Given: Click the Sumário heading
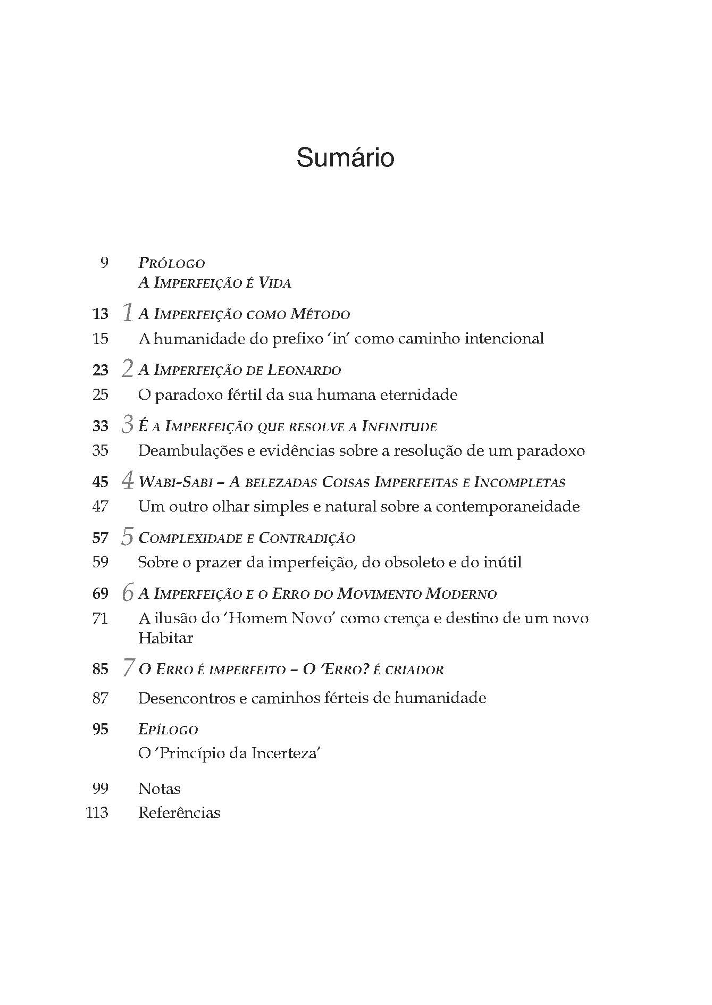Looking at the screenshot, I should click(x=345, y=158).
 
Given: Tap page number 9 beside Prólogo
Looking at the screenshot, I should click(x=104, y=262).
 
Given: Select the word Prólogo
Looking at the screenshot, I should click(x=172, y=263).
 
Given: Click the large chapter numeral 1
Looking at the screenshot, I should click(x=127, y=312).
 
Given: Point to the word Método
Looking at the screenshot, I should click(x=320, y=314).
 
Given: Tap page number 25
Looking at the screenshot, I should click(x=100, y=395).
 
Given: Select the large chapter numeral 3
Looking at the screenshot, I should click(x=127, y=425).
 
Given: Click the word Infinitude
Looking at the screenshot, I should click(x=399, y=426).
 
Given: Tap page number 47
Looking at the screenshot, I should click(x=100, y=506).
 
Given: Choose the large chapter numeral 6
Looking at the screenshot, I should click(x=127, y=592).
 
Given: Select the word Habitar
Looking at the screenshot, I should click(x=165, y=638).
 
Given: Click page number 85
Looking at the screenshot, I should click(x=100, y=669).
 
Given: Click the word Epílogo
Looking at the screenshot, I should click(x=168, y=730).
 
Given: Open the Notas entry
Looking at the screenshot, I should click(x=160, y=789).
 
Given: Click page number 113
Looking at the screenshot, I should click(x=97, y=813).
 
